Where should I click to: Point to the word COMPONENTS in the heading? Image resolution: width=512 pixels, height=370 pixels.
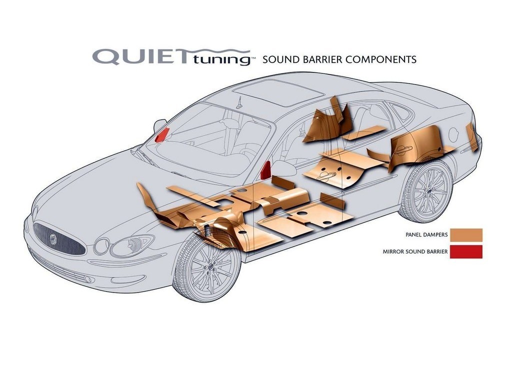pyautogui.click(x=380, y=59)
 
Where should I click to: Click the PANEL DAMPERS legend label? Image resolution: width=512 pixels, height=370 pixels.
pyautogui.click(x=426, y=234)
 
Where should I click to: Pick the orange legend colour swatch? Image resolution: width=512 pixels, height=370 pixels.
pyautogui.click(x=466, y=235)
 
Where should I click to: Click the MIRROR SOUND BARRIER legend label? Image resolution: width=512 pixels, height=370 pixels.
pyautogui.click(x=415, y=252)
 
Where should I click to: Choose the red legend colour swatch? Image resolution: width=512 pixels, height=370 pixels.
pyautogui.click(x=466, y=252)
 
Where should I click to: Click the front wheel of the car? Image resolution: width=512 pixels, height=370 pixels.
pyautogui.click(x=208, y=267)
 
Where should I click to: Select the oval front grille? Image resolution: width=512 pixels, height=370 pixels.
pyautogui.click(x=59, y=238)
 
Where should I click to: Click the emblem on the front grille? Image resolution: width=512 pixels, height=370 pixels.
pyautogui.click(x=53, y=239)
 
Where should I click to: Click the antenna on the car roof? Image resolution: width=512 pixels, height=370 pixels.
pyautogui.click(x=240, y=102)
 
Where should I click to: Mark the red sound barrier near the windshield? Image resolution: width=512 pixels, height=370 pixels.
pyautogui.click(x=162, y=135)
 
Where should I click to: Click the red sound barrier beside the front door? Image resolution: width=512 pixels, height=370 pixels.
pyautogui.click(x=266, y=170)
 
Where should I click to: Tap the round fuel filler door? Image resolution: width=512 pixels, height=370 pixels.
pyautogui.click(x=454, y=134)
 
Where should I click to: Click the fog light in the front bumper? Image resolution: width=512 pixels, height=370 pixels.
pyautogui.click(x=88, y=279)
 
